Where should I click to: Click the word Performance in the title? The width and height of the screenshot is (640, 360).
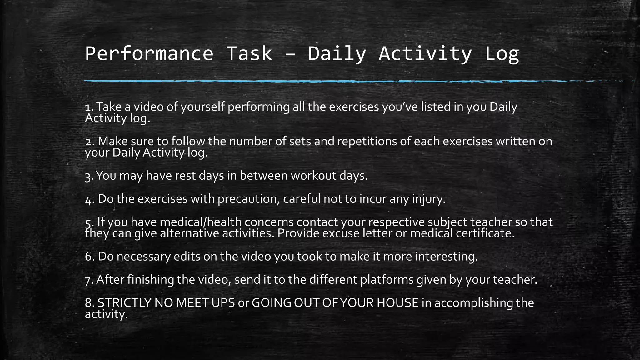149,54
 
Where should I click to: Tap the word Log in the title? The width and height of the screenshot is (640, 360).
502,54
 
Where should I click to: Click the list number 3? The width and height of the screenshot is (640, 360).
88,177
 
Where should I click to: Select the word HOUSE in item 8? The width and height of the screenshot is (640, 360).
397,303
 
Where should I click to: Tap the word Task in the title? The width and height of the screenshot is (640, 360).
249,54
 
